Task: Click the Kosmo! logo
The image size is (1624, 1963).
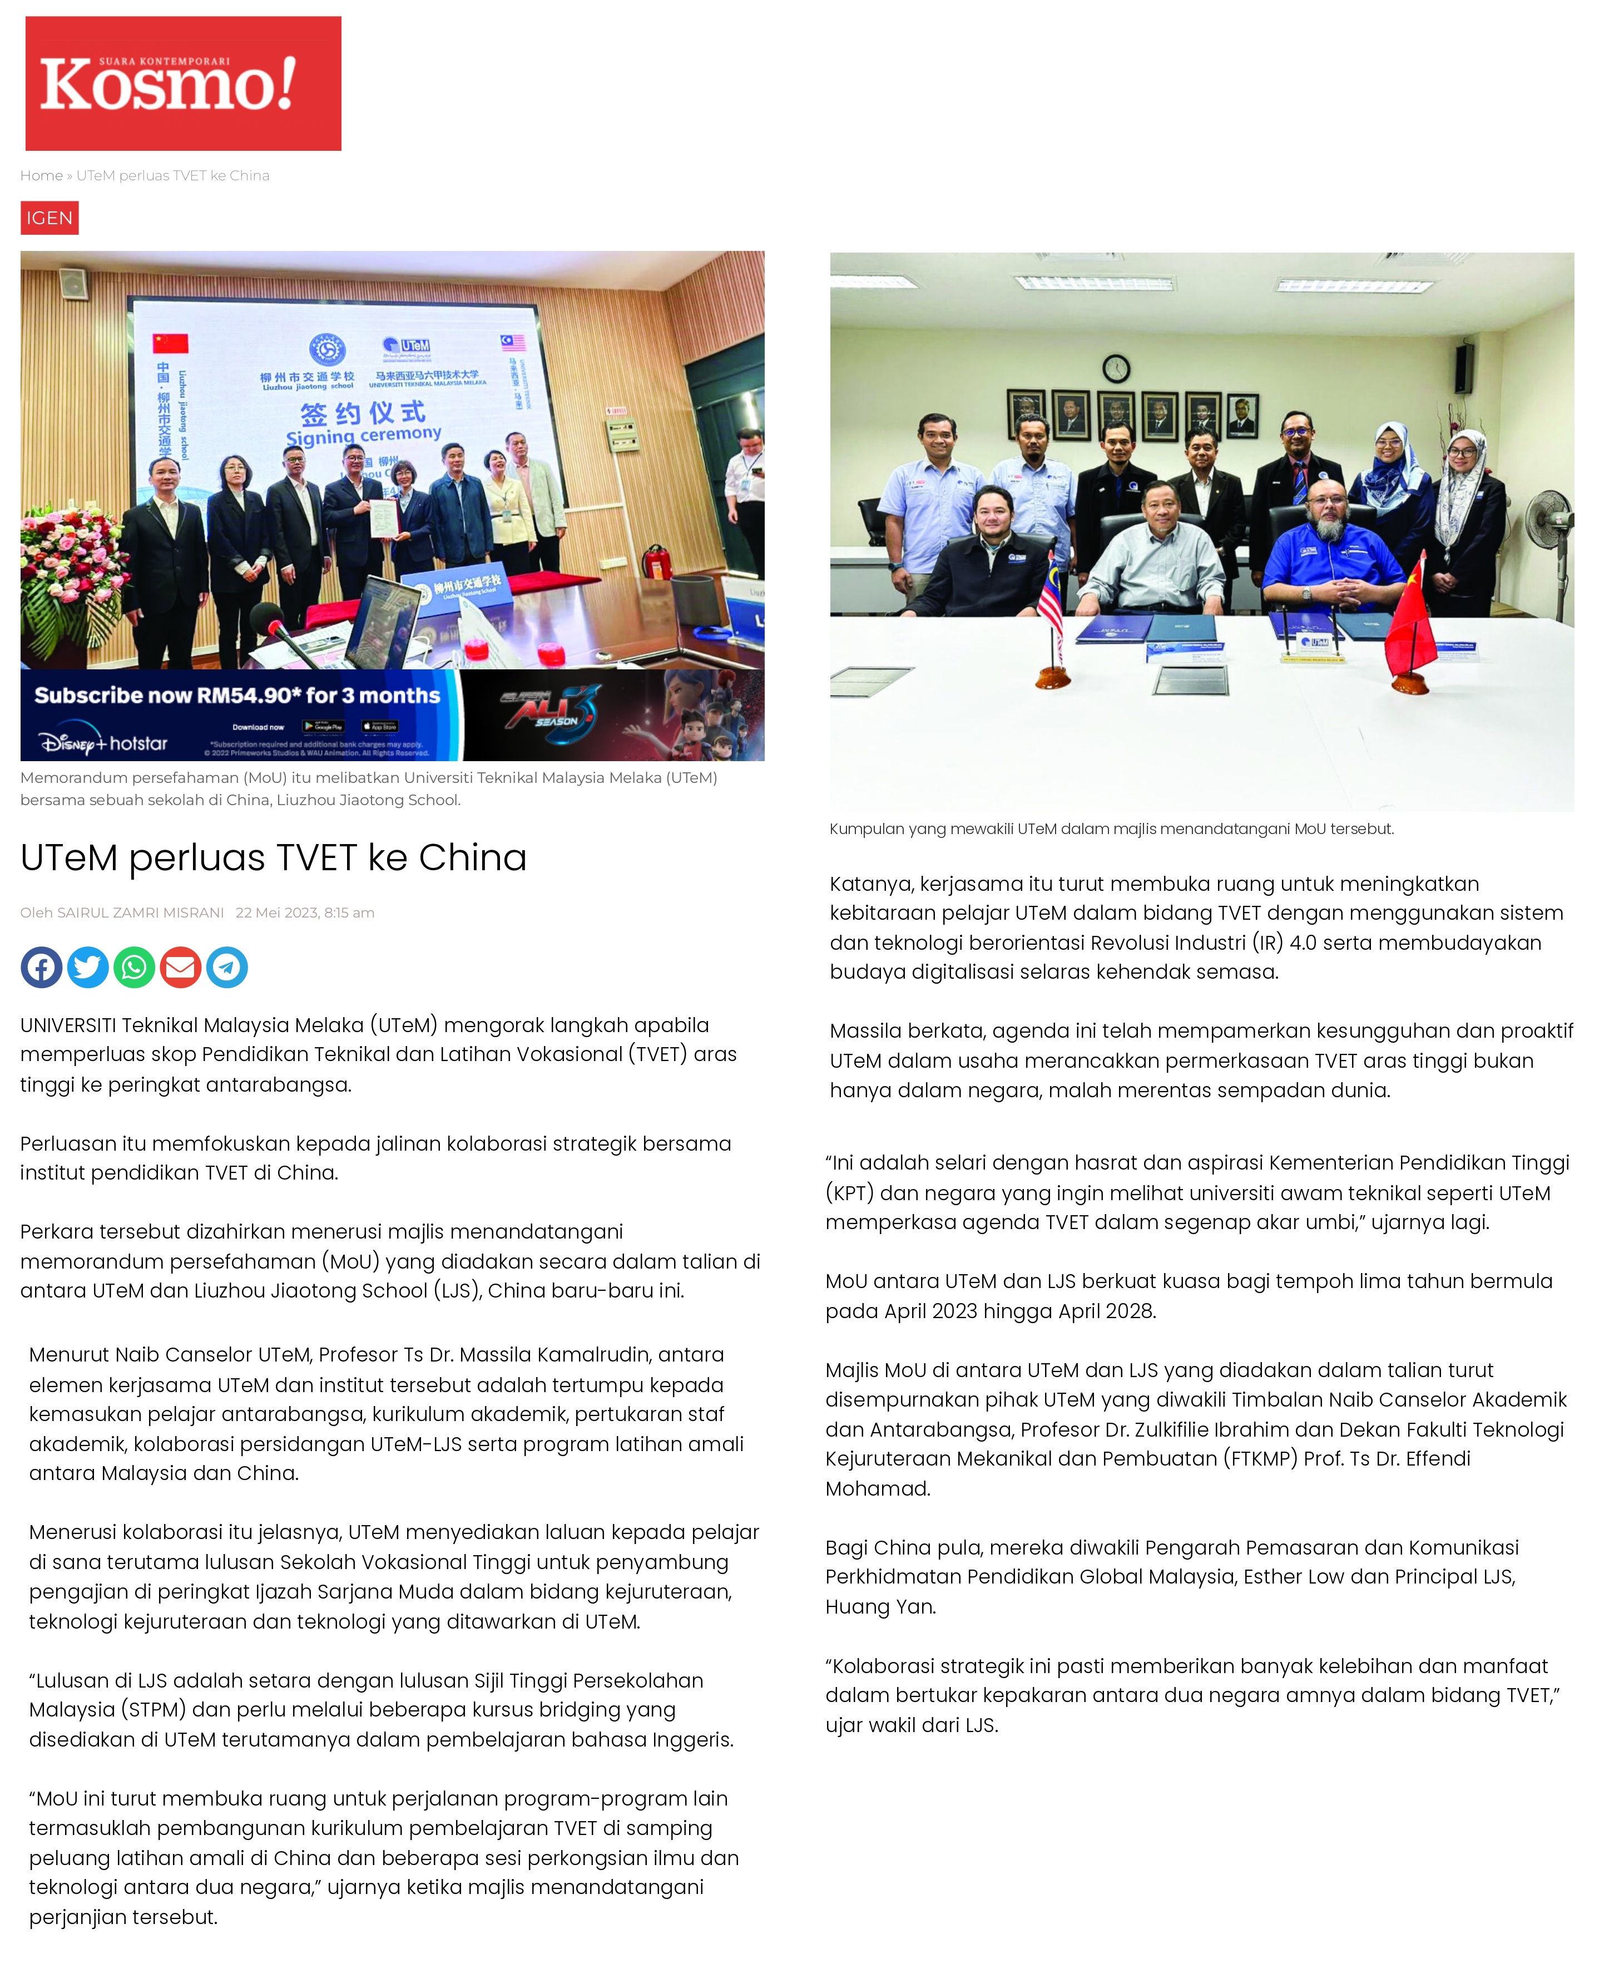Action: tap(183, 83)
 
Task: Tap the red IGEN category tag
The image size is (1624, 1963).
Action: tap(49, 218)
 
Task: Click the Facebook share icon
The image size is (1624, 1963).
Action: tap(41, 968)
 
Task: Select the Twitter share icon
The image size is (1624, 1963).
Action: tap(88, 968)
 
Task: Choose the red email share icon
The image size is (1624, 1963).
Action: tap(180, 968)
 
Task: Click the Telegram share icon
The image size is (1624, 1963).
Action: tap(227, 968)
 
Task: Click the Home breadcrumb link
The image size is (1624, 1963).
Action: tap(41, 176)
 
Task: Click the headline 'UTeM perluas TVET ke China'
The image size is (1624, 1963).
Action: tap(274, 858)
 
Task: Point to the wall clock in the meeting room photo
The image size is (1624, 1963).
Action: tap(1116, 368)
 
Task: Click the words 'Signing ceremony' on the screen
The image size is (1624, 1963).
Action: tap(364, 435)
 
